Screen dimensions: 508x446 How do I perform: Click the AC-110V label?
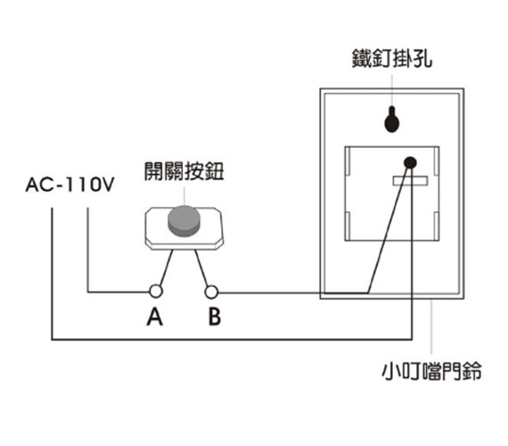pos(70,185)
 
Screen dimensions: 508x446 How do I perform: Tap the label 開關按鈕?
pos(184,171)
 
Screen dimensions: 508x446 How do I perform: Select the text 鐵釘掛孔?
pos(392,59)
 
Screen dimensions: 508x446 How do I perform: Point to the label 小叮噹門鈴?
pos(431,370)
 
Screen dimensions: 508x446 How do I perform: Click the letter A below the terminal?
pos(154,317)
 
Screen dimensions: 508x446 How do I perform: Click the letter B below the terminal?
pos(215,317)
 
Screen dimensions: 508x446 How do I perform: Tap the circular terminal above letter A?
pos(156,292)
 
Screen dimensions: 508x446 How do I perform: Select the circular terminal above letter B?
pos(211,292)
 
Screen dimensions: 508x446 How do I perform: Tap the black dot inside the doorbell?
pos(410,162)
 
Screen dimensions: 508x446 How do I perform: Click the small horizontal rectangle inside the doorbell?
pos(410,181)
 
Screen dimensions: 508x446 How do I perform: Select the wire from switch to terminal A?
pos(166,268)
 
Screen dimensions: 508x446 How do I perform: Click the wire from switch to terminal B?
pos(201,268)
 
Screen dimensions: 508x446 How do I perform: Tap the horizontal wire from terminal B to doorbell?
pos(293,293)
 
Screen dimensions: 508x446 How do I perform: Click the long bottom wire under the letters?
pos(232,340)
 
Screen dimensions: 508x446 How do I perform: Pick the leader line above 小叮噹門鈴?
pos(431,326)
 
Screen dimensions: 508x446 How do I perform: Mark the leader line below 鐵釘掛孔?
pos(391,90)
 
